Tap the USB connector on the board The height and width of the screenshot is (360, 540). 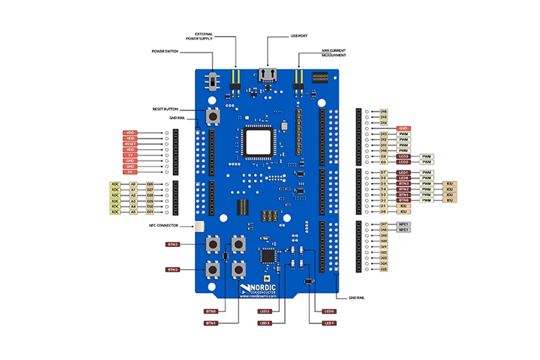[268, 75]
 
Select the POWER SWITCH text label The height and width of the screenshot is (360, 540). [165, 51]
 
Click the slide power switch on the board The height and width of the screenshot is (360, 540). [213, 78]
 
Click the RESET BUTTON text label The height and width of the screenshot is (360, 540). [165, 109]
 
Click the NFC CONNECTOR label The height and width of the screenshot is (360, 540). [163, 225]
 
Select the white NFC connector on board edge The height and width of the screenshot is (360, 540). [197, 227]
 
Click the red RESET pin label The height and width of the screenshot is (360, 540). [130, 144]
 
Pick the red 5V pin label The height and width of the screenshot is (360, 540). [130, 155]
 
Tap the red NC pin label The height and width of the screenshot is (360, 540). [130, 172]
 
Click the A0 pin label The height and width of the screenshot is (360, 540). [132, 184]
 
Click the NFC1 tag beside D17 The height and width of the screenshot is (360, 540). [405, 224]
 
